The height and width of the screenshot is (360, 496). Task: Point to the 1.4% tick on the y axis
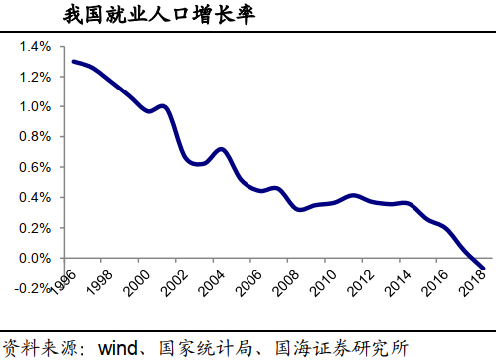point(32,47)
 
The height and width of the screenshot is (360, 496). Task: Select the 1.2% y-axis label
point(32,77)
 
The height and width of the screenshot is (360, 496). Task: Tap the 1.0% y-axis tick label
point(32,107)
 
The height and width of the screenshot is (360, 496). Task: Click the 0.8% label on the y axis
point(32,137)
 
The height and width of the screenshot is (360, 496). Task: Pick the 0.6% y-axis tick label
point(32,167)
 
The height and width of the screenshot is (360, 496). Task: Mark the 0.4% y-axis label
point(32,198)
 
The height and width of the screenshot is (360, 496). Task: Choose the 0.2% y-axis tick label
point(32,228)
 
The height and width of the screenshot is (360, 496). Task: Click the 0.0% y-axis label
point(32,259)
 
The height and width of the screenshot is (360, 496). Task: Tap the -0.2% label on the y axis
point(30,288)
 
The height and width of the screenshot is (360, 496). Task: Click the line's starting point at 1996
point(73,62)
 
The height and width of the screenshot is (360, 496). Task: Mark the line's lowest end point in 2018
point(484,267)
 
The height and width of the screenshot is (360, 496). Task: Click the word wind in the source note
point(121,347)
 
